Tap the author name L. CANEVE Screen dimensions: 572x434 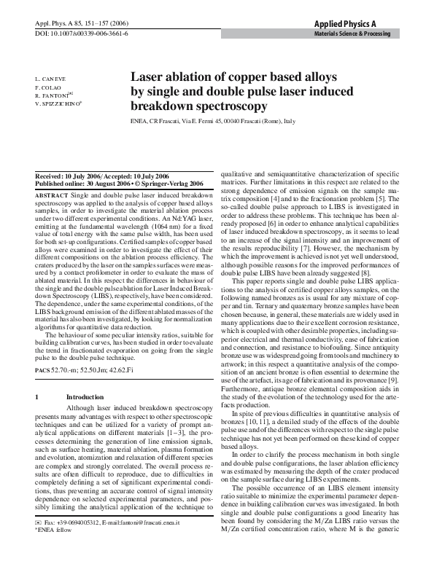50,78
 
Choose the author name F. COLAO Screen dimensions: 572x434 49,87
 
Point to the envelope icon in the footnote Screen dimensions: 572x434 39,544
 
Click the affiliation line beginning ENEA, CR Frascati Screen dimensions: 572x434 212,121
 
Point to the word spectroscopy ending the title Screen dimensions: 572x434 222,106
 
